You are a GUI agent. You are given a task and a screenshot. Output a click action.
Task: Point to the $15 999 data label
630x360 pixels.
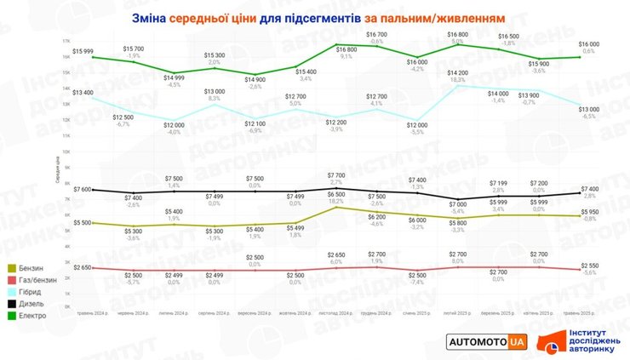(x=83, y=52)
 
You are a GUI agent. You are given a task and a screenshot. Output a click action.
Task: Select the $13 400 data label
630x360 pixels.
(x=83, y=92)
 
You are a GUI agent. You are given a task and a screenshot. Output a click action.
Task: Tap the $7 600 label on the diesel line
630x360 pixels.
(x=83, y=189)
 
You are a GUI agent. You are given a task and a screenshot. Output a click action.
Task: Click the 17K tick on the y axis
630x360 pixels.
(x=66, y=41)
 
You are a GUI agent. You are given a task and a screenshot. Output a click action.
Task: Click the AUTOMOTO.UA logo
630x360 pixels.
(x=488, y=340)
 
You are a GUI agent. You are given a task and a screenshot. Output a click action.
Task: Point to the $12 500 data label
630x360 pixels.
(x=123, y=117)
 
